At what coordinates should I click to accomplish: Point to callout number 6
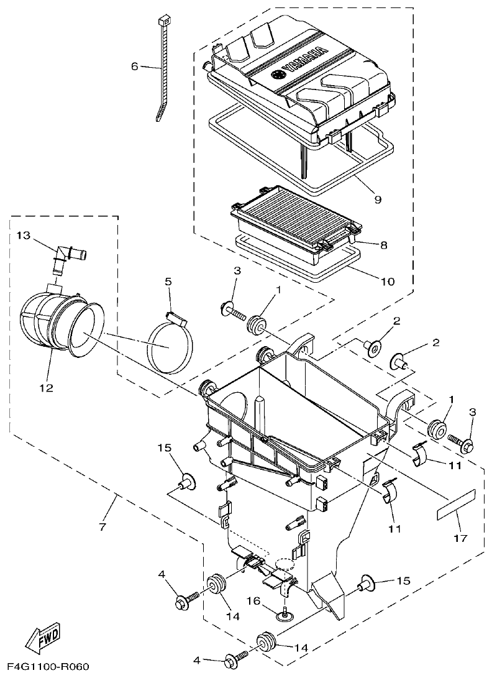coord(134,66)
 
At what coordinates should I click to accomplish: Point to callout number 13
coord(23,236)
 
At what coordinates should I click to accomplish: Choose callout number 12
coord(47,388)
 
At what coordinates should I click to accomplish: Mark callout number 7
coord(102,526)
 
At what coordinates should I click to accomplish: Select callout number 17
coord(460,538)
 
